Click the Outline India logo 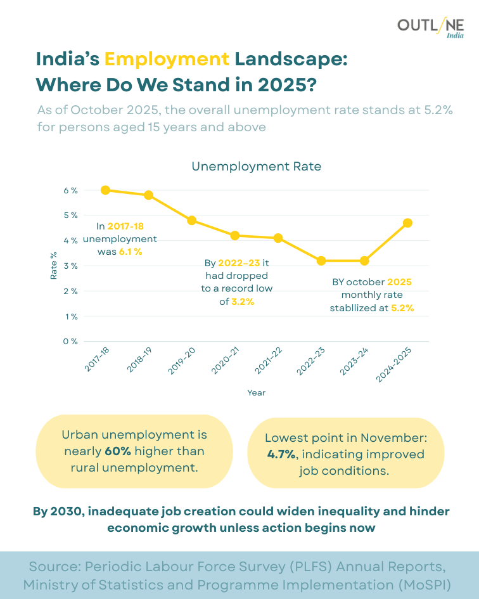click(x=430, y=28)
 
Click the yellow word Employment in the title click(x=167, y=59)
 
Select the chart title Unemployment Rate click(x=256, y=167)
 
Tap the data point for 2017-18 click(x=105, y=190)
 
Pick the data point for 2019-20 click(x=191, y=221)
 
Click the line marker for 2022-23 click(x=321, y=261)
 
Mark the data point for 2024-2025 click(x=407, y=222)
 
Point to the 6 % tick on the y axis click(x=70, y=190)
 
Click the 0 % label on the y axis click(x=70, y=342)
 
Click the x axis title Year click(x=256, y=393)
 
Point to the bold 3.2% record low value click(x=242, y=302)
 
